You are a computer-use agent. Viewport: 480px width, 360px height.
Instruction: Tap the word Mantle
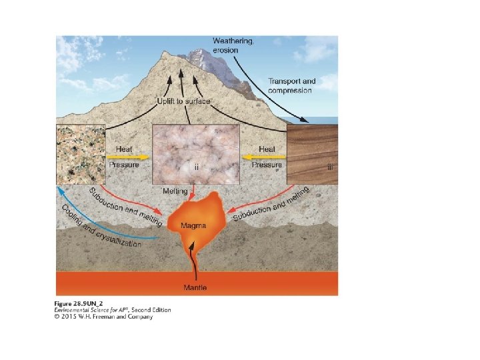click(x=195, y=287)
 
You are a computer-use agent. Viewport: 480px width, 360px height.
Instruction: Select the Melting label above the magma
click(x=175, y=191)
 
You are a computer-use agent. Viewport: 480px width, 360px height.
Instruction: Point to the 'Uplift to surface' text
click(x=183, y=101)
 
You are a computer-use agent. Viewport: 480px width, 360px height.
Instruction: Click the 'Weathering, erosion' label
click(x=233, y=45)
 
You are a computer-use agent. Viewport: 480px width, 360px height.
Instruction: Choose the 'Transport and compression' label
click(x=291, y=85)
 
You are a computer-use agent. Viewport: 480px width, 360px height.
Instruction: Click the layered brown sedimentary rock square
click(x=312, y=154)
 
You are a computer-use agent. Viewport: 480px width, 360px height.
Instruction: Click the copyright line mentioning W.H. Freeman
click(x=103, y=317)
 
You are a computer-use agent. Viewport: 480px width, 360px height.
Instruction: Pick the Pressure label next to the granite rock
click(x=123, y=165)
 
